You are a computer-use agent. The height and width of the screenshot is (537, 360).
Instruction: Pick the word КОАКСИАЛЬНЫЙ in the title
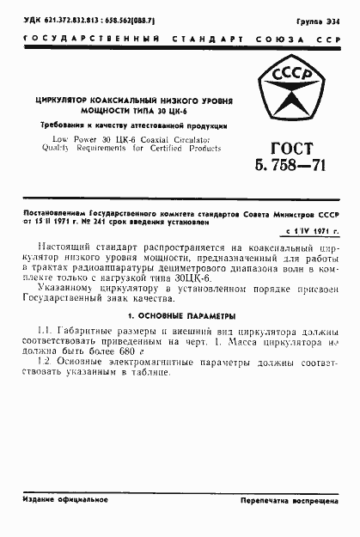point(140,101)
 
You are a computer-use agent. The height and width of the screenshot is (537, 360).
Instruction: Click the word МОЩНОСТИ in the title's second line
point(107,112)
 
